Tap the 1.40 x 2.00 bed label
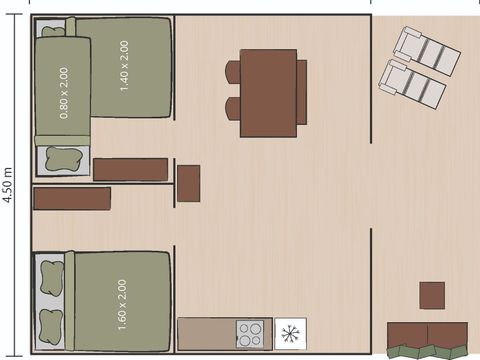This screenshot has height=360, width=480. pyautogui.click(x=125, y=66)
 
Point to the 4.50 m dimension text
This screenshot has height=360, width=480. pyautogui.click(x=9, y=185)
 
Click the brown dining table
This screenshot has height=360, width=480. pyautogui.click(x=268, y=93)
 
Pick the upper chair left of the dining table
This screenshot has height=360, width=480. pyautogui.click(x=233, y=72)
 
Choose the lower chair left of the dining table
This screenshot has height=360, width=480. pyautogui.click(x=233, y=108)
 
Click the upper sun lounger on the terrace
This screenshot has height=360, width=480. pyautogui.click(x=426, y=50)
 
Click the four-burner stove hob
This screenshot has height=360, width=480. pyautogui.click(x=250, y=332)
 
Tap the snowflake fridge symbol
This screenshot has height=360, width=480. pyautogui.click(x=290, y=332)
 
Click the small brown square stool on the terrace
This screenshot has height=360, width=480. pyautogui.click(x=432, y=295)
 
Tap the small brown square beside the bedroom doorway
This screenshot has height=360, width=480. pyautogui.click(x=188, y=183)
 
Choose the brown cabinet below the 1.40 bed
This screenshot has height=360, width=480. pyautogui.click(x=130, y=170)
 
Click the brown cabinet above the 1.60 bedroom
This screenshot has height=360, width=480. pyautogui.click(x=71, y=198)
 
